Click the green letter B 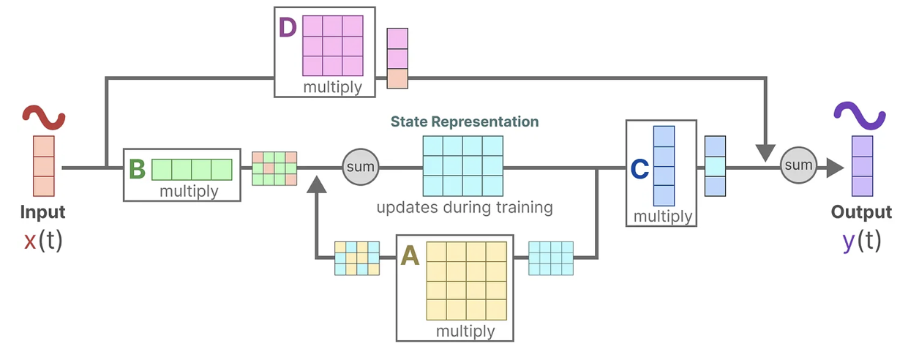click(x=137, y=169)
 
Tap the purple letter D click(x=288, y=29)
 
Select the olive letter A click(x=409, y=255)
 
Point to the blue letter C click(x=639, y=169)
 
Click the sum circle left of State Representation click(x=359, y=168)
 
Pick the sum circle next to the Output click(x=797, y=166)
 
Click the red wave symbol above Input click(x=44, y=116)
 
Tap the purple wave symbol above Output click(x=862, y=116)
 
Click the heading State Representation click(x=464, y=121)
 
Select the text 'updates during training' click(x=464, y=207)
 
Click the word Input click(x=42, y=212)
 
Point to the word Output click(x=861, y=212)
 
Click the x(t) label click(x=42, y=241)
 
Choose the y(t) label click(x=861, y=241)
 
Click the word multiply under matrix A click(x=465, y=331)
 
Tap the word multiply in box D click(x=332, y=87)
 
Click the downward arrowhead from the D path click(x=765, y=152)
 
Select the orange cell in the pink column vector click(x=397, y=78)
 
